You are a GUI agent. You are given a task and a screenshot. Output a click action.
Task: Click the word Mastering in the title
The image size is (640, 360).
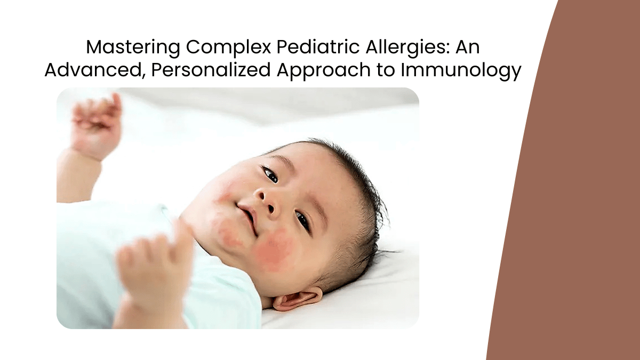pyautogui.click(x=133, y=47)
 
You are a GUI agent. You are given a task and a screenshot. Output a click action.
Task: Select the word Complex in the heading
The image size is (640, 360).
pyautogui.click(x=228, y=47)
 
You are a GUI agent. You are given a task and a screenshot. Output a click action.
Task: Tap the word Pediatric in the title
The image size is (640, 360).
pyautogui.click(x=318, y=47)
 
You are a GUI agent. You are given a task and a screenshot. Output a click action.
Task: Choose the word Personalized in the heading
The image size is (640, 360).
pyautogui.click(x=211, y=70)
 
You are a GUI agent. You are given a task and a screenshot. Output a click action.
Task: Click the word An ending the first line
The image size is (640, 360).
pyautogui.click(x=467, y=47)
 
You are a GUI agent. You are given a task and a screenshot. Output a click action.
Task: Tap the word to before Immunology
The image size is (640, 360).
pyautogui.click(x=386, y=70)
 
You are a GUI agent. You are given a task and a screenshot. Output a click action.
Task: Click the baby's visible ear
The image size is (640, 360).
pyautogui.click(x=297, y=299)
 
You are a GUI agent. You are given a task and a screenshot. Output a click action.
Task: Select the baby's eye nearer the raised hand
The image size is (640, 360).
pyautogui.click(x=270, y=174)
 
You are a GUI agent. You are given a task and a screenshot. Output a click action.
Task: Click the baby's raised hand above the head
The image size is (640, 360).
pyautogui.click(x=95, y=126)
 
